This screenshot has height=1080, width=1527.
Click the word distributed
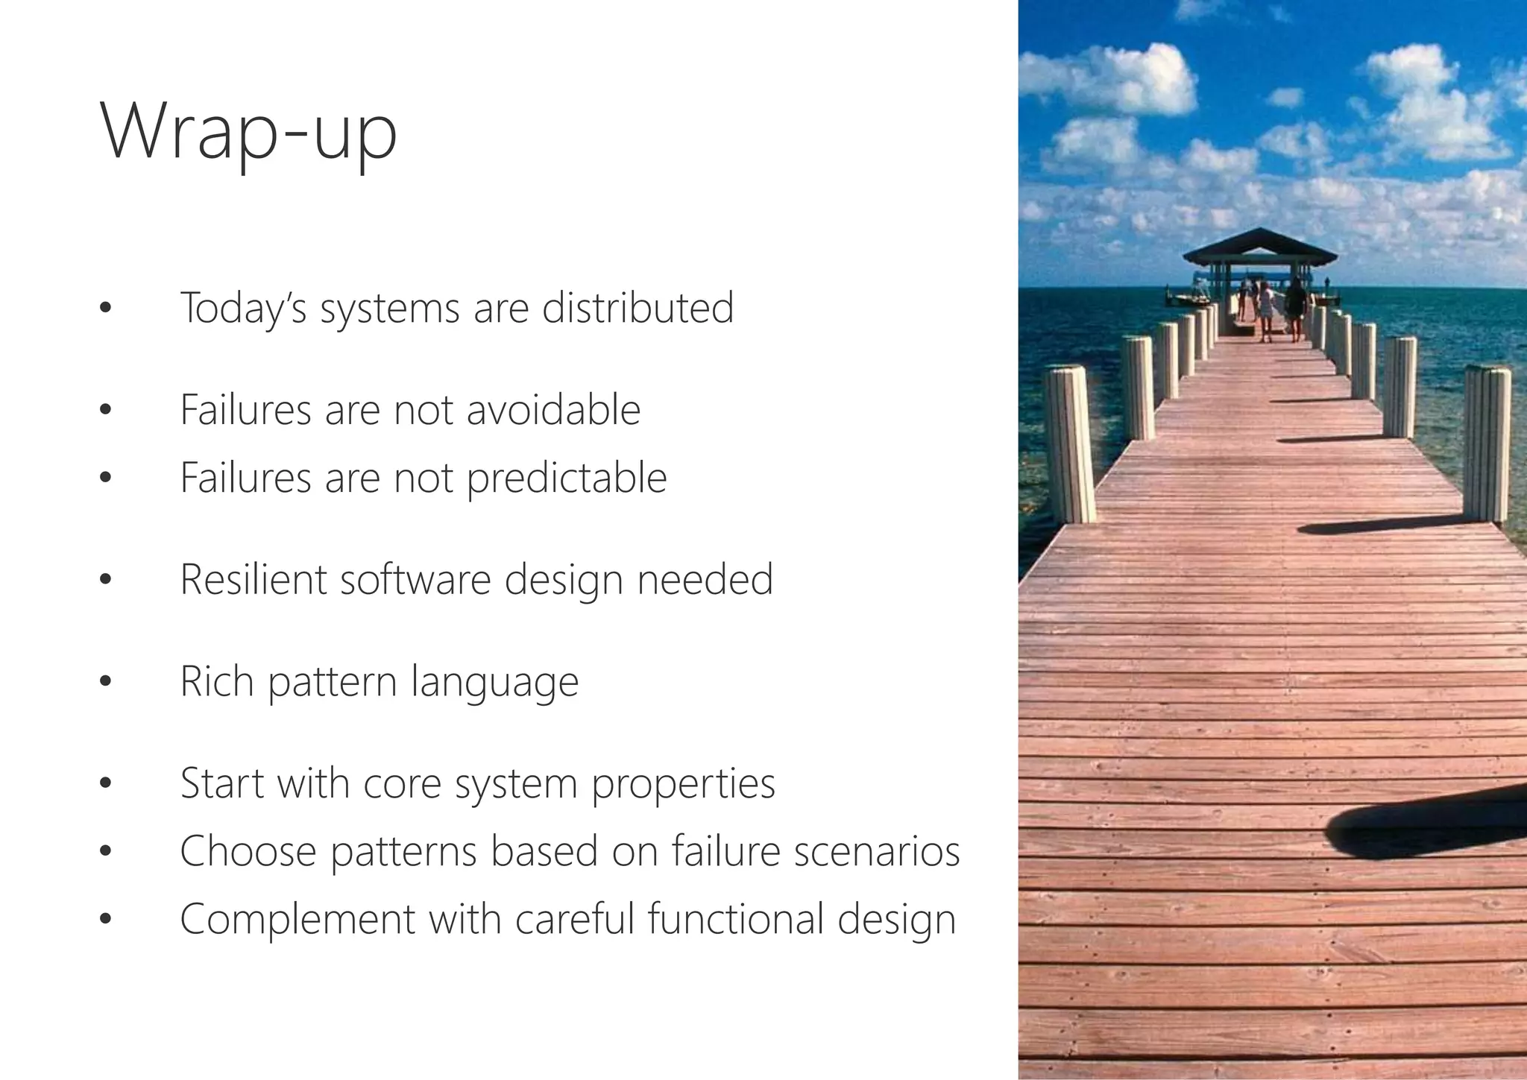point(637,308)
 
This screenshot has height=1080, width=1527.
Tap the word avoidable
point(553,410)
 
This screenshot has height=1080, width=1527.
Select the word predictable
point(567,478)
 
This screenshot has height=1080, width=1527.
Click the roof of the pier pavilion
point(1259,247)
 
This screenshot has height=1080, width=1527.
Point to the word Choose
point(248,851)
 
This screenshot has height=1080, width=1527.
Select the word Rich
point(217,681)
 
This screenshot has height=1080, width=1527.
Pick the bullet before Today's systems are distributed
point(104,307)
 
